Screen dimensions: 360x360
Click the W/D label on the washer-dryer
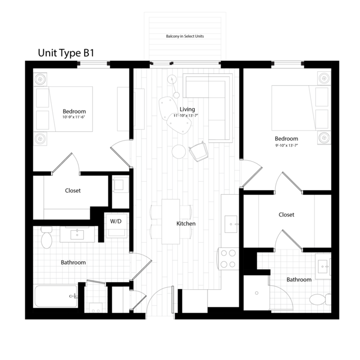click(116, 222)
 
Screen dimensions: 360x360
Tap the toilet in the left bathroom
click(46, 239)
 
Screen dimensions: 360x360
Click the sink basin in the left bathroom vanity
click(77, 234)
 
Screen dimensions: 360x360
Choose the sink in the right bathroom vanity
click(323, 267)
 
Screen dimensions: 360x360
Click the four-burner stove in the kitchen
click(229, 258)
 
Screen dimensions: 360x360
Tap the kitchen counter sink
click(230, 224)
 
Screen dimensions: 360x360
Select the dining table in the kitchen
click(171, 222)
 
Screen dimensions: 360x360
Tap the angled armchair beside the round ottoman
click(199, 152)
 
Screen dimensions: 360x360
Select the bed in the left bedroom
click(70, 109)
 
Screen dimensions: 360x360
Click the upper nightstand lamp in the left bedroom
click(40, 79)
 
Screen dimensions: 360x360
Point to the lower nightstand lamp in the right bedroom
click(324, 137)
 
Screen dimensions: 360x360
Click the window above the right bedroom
click(287, 65)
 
